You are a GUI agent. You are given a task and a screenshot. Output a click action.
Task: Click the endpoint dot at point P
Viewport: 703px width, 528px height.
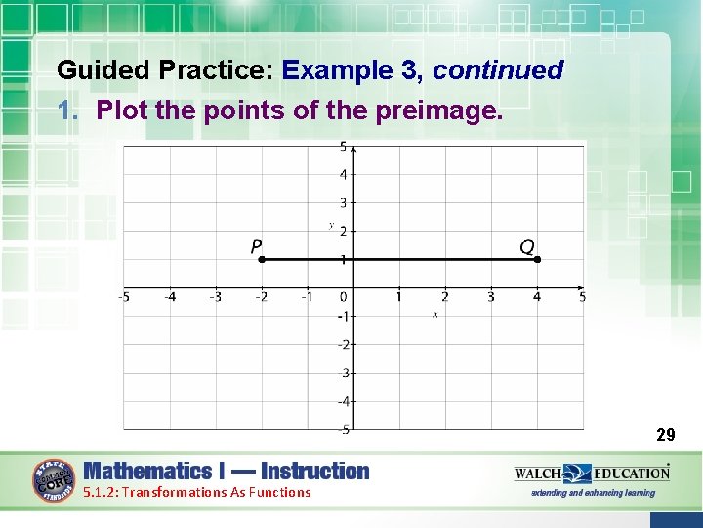[262, 260]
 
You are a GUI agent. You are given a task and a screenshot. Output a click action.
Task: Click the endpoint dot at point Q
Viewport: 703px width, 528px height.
[537, 260]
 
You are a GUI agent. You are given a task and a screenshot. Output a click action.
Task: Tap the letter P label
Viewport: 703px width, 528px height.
[257, 246]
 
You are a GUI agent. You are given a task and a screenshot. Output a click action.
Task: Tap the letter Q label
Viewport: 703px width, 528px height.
[527, 246]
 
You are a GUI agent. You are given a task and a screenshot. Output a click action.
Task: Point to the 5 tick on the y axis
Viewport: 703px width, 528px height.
[343, 147]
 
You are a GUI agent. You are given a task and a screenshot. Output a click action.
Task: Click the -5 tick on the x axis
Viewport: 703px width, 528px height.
[124, 297]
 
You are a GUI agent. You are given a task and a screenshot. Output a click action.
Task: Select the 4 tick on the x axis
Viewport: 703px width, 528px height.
[536, 297]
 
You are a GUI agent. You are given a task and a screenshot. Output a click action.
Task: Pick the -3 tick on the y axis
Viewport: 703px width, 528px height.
[343, 373]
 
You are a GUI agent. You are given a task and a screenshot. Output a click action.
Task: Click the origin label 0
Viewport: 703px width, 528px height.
[344, 297]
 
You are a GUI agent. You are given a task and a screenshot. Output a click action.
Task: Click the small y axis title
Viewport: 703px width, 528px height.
[332, 226]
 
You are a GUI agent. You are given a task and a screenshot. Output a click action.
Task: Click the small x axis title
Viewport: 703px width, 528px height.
[434, 315]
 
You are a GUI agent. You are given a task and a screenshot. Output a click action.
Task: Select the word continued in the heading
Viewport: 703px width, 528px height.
[498, 70]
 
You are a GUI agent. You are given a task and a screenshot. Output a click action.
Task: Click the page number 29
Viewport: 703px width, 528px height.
[665, 434]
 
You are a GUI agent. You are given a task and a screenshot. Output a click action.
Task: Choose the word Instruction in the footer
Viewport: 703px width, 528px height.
[315, 471]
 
